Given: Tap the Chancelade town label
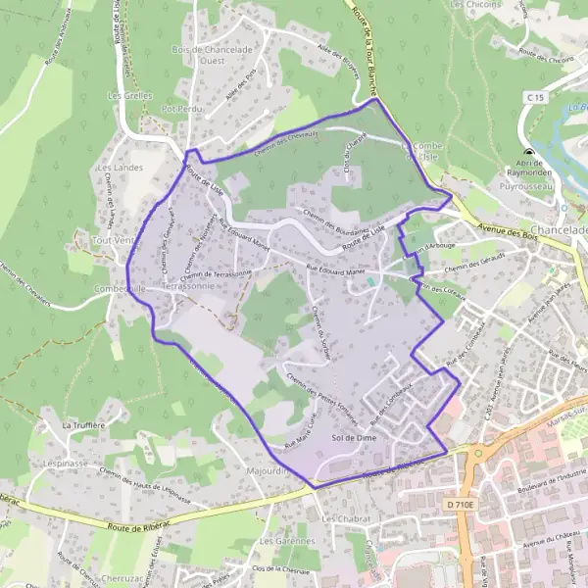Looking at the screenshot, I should coord(559,229).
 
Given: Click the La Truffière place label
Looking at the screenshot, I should coord(83,426).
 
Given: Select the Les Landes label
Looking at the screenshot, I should coord(120,168).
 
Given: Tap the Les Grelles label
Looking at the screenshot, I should coord(128,96).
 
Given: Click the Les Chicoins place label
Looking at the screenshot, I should coord(475,5).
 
